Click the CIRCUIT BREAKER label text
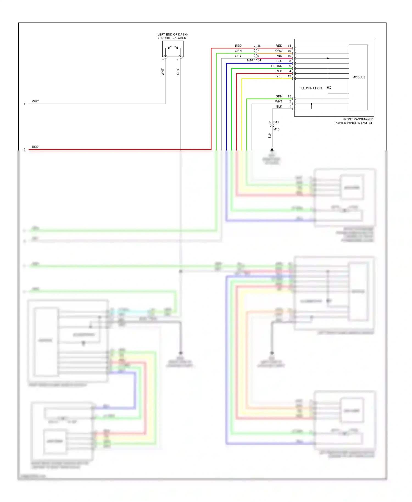click(x=172, y=38)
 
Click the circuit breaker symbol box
click(x=173, y=49)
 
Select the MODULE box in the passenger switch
click(x=358, y=77)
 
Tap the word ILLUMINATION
click(x=311, y=88)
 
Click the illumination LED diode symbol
click(x=328, y=88)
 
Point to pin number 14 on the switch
click(x=289, y=46)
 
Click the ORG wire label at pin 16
click(x=279, y=51)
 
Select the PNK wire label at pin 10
click(x=279, y=56)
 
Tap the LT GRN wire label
click(x=276, y=66)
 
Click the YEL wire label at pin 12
click(x=279, y=76)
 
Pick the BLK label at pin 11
click(x=279, y=107)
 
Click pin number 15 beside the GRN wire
click(x=289, y=96)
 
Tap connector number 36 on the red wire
click(x=259, y=46)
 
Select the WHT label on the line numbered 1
click(x=35, y=101)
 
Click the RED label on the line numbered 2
click(x=35, y=147)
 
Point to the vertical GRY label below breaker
click(x=178, y=72)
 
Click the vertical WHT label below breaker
click(x=162, y=72)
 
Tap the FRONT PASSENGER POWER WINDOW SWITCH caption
click(x=354, y=121)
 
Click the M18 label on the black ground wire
click(x=276, y=129)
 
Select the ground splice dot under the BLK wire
click(x=272, y=150)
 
